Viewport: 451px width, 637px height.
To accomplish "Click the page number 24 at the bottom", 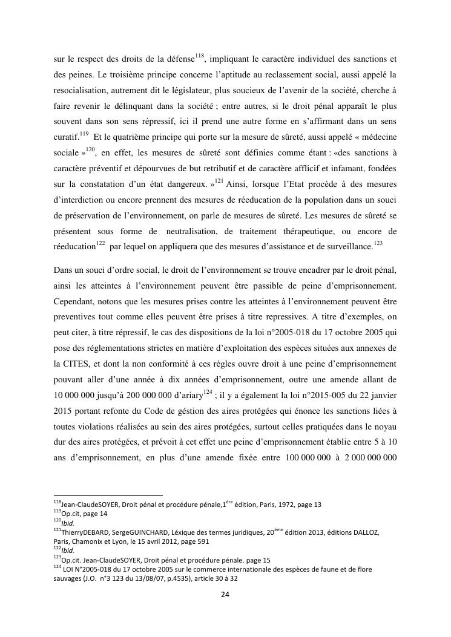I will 225,594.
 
